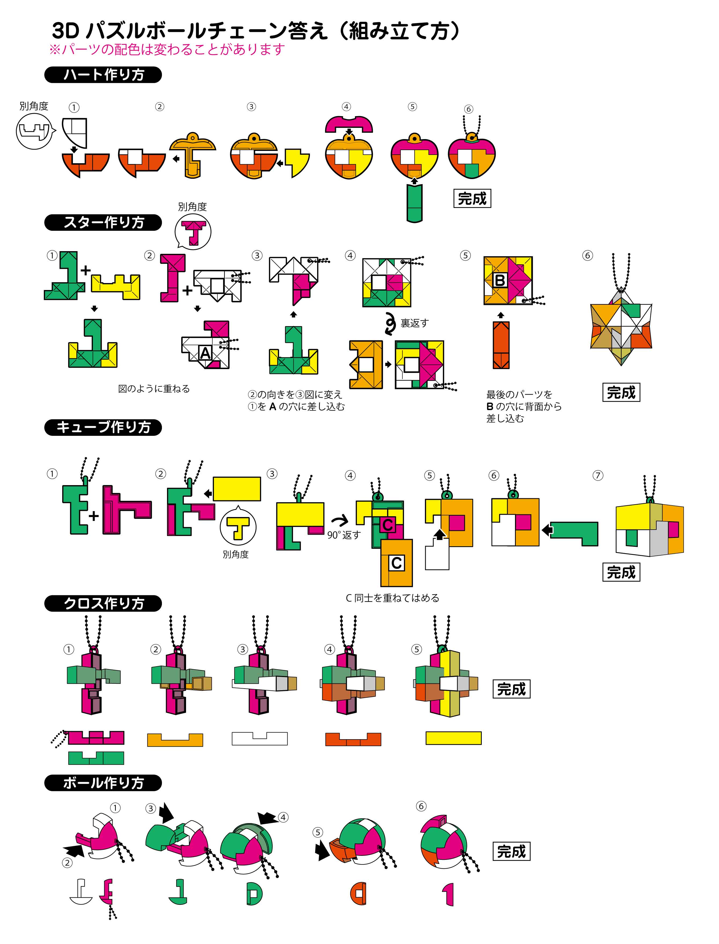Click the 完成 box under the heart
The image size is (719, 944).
pos(472,199)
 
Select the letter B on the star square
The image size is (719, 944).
pos(499,280)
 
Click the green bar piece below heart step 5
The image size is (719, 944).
pos(414,203)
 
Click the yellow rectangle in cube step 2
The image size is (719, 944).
pos(237,489)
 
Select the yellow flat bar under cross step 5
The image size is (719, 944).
pos(453,738)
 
